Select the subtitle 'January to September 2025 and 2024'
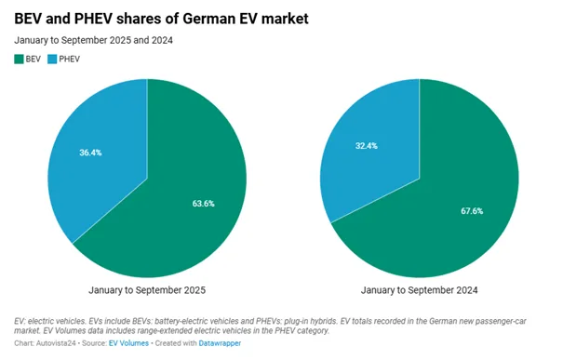93,40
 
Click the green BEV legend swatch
18,60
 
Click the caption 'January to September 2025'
146,291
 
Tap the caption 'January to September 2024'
419,291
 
